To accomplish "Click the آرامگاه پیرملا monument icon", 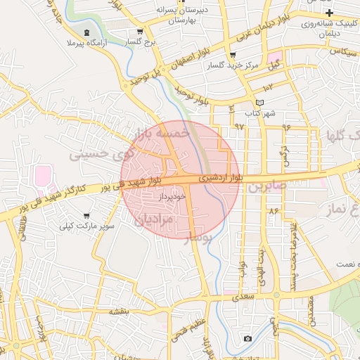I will [x=87, y=33].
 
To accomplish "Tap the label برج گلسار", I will [x=139, y=43].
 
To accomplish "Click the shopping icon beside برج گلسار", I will [x=140, y=32].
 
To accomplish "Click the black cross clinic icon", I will [x=329, y=13].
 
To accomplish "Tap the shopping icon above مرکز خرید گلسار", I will [x=233, y=55].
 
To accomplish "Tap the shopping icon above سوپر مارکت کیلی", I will [x=86, y=216].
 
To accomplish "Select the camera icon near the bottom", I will [x=247, y=339].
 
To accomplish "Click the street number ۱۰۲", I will [x=268, y=88].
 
